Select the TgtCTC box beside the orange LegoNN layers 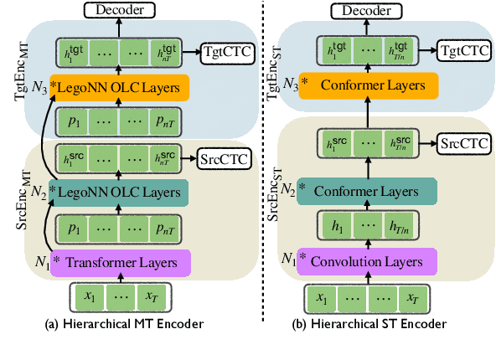click(x=223, y=52)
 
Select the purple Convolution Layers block click(x=366, y=262)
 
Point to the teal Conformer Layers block click(x=366, y=191)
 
